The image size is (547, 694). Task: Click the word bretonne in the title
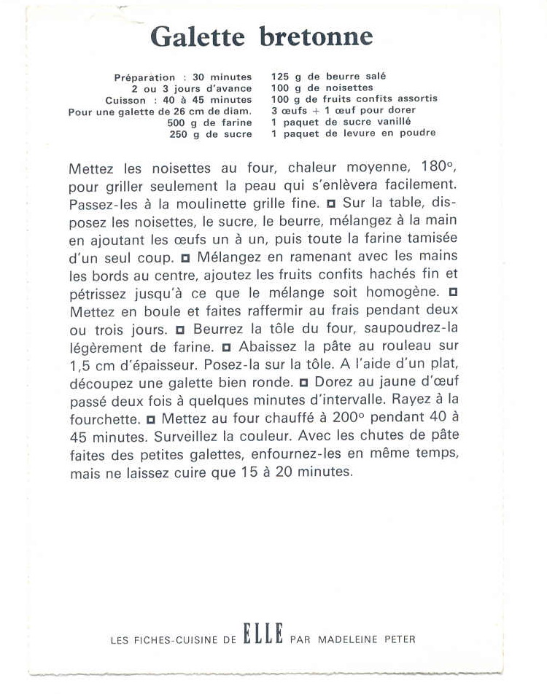click(316, 37)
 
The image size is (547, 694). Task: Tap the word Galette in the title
click(200, 37)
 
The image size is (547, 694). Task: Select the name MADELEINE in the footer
click(351, 639)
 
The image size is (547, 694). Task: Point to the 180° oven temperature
click(438, 168)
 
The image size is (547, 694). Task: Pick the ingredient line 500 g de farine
click(209, 123)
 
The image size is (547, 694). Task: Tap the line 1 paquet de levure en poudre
click(353, 133)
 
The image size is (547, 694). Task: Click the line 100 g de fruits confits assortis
click(354, 98)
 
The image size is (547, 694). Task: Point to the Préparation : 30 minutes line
click(182, 77)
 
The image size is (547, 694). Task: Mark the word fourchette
click(104, 419)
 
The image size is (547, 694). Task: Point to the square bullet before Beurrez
click(180, 329)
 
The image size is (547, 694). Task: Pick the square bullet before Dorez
click(303, 382)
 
